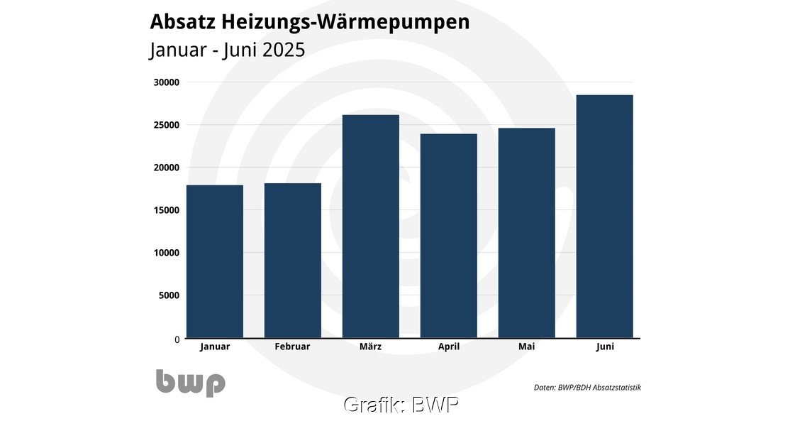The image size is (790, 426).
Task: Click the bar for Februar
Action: (x=292, y=261)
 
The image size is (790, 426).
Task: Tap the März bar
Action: (x=370, y=226)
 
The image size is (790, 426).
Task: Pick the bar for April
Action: (x=448, y=236)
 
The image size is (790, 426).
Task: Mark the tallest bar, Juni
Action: (x=604, y=217)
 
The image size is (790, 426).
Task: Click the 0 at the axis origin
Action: (x=177, y=339)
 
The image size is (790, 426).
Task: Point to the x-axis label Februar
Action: (x=292, y=346)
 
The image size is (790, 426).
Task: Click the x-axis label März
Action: (x=370, y=346)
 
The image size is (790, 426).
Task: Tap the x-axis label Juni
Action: (x=604, y=346)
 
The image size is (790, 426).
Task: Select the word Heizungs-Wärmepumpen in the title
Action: (x=345, y=22)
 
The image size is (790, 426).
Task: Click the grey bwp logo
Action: (x=190, y=383)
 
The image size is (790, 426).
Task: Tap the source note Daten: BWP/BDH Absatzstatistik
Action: (x=587, y=387)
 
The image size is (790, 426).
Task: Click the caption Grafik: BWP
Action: (x=401, y=405)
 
